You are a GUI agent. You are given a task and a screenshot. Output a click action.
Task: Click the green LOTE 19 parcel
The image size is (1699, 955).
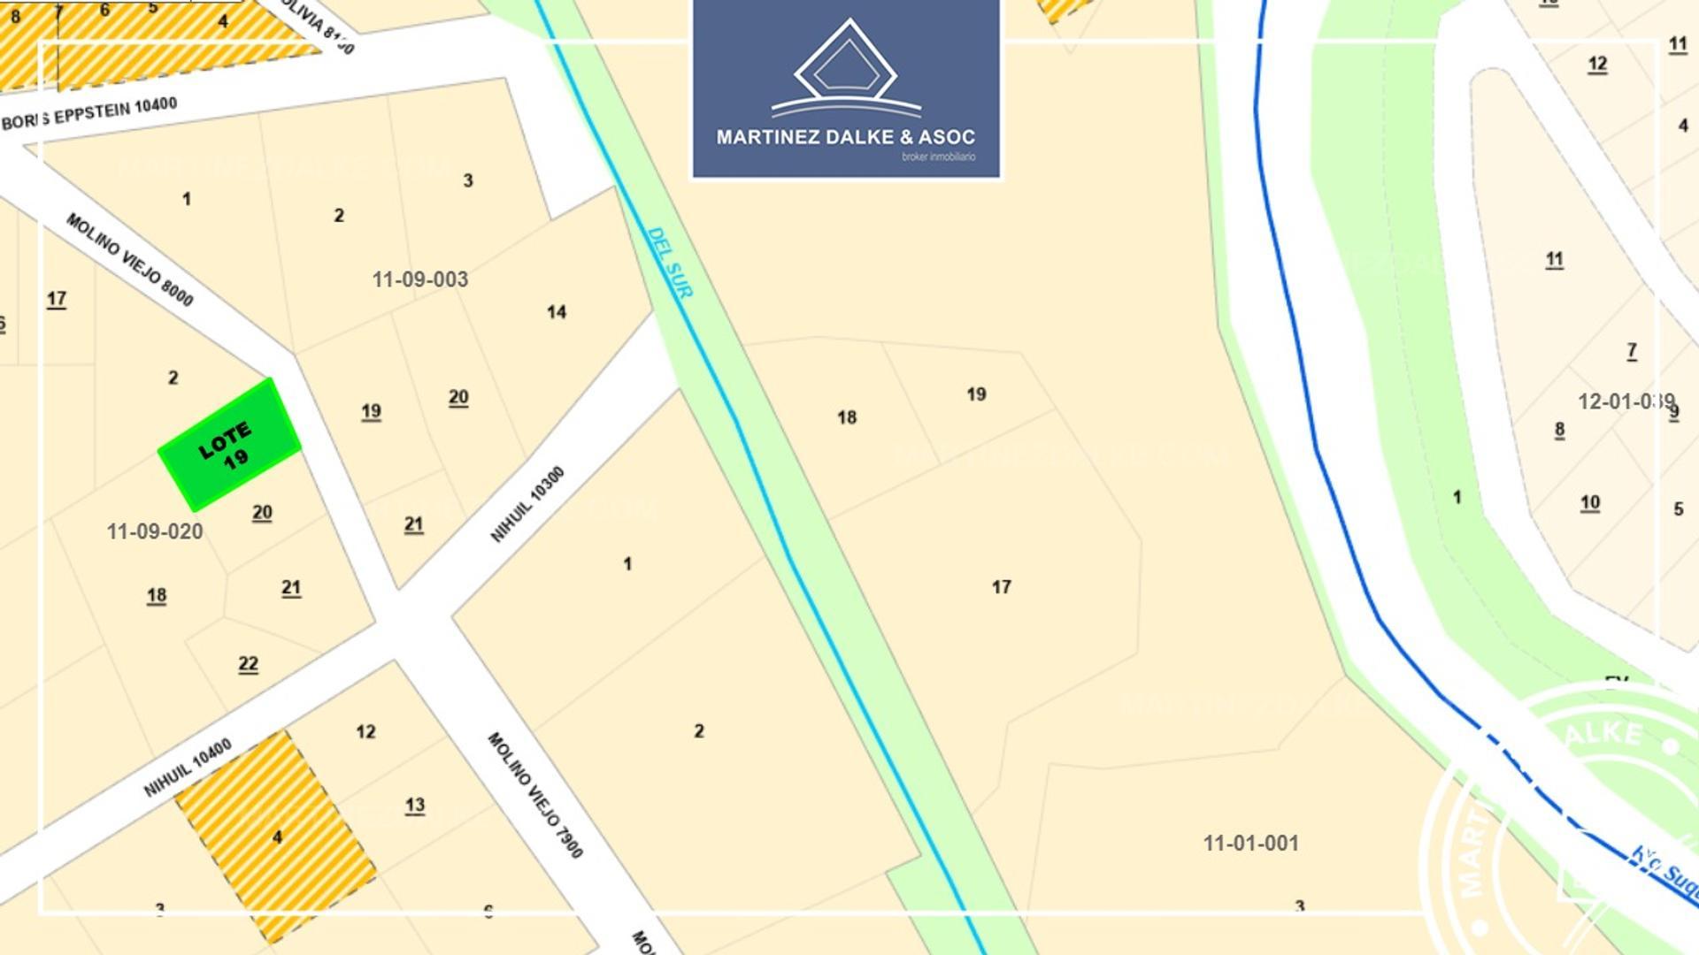point(228,445)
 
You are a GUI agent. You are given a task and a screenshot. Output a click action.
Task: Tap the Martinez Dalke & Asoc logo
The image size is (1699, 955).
point(846,89)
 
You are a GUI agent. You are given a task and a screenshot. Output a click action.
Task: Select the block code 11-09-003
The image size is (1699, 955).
point(419,279)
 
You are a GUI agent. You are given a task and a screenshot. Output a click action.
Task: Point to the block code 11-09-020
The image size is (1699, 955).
point(154,531)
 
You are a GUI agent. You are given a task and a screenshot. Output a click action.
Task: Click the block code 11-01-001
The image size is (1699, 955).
point(1250,843)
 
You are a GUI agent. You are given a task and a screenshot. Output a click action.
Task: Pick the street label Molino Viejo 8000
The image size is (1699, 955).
point(129,259)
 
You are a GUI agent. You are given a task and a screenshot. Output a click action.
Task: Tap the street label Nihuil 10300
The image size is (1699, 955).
point(527,504)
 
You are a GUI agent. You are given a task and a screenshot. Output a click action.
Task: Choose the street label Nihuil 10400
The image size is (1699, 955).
point(188,767)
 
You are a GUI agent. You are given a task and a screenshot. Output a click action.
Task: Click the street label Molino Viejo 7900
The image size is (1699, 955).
point(535,794)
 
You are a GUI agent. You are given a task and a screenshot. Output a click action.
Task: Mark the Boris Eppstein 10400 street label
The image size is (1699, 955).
point(89,114)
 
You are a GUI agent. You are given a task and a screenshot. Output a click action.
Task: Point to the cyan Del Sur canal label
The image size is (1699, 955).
point(670,263)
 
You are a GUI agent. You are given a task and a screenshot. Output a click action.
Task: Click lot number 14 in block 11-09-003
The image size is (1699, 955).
point(556,312)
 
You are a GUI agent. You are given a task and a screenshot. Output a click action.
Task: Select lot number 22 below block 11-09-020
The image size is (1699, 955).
point(248,664)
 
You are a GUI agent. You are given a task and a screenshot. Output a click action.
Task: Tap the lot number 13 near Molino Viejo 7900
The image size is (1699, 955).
point(414,805)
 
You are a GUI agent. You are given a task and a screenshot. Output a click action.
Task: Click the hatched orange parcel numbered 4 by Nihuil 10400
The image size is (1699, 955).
point(276,837)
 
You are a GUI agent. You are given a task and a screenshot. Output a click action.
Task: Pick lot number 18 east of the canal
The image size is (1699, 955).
point(846,417)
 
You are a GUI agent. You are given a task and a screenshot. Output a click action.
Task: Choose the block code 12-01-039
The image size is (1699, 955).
point(1626,401)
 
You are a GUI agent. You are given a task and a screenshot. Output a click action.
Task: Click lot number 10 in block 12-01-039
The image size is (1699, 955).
point(1589,503)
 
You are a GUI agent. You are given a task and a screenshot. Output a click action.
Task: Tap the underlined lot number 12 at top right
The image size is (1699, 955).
point(1596,64)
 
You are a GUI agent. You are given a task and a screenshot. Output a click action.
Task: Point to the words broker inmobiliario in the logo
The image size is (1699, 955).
point(938,157)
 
